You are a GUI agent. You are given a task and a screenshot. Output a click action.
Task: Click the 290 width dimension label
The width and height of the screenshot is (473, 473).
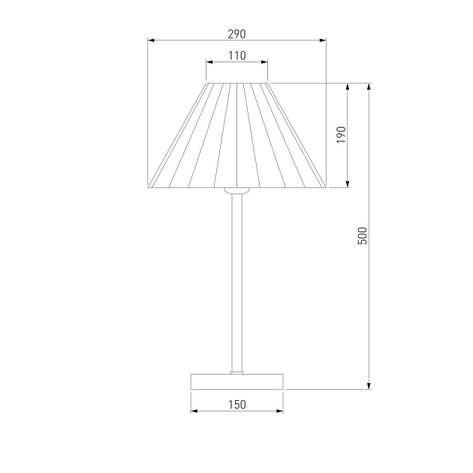pos(236,34)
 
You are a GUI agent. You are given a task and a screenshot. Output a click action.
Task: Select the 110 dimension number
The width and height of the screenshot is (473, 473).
pos(237,56)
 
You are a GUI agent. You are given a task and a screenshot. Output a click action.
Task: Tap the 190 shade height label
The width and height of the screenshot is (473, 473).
pos(341,135)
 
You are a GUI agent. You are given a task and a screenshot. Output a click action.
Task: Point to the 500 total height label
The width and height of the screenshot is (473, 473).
pos(363,236)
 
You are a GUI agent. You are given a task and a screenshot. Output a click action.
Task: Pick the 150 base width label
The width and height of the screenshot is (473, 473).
pos(237,405)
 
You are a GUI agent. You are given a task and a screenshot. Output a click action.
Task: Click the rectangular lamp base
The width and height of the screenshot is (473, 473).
pos(236,381)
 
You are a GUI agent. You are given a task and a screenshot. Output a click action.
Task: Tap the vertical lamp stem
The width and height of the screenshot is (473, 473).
pos(236,282)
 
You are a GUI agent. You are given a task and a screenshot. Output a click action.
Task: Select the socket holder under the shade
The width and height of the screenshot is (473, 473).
pos(236,191)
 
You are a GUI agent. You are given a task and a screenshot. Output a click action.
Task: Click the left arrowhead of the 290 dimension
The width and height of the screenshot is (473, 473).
pos(151,40)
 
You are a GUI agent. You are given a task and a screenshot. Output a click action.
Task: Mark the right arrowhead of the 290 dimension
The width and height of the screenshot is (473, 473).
pos(323,40)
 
